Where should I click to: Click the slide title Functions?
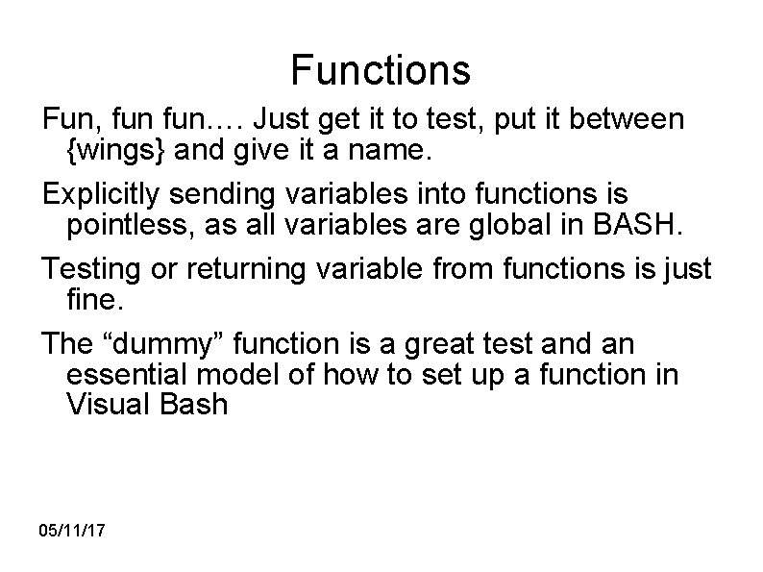click(381, 69)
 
